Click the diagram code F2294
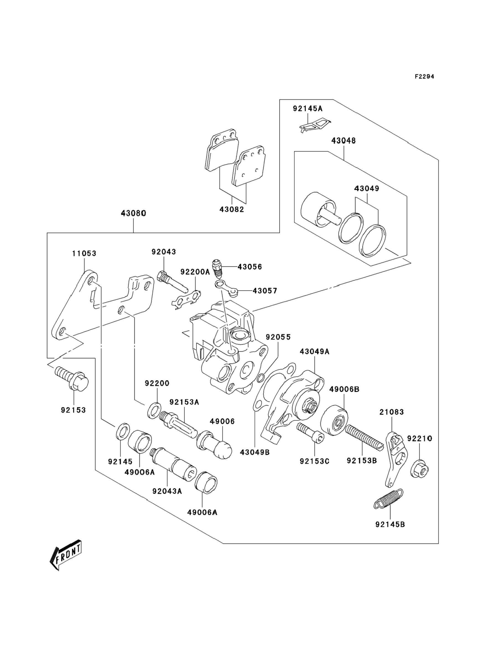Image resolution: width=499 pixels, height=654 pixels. [x=424, y=77]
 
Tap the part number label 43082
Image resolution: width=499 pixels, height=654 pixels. [x=232, y=209]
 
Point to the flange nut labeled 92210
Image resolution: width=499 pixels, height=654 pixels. [x=419, y=470]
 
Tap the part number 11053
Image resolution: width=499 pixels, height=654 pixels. [x=84, y=253]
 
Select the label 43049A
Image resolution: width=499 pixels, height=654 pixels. [x=315, y=351]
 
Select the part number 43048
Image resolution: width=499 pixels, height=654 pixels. [x=343, y=141]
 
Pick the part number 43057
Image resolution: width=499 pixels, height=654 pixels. [x=265, y=290]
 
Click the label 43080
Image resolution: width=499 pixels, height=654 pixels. [x=133, y=213]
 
